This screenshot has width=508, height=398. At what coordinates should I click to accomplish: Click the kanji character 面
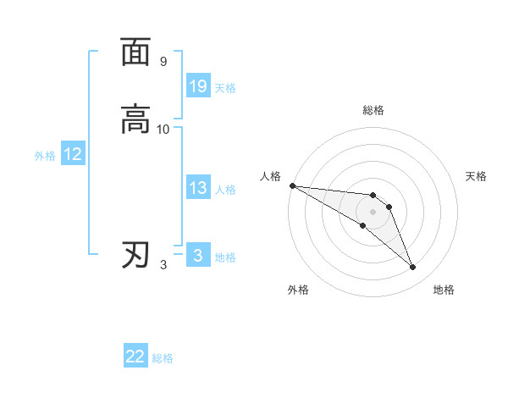pyautogui.click(x=135, y=52)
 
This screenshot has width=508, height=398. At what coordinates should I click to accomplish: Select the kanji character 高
pyautogui.click(x=135, y=119)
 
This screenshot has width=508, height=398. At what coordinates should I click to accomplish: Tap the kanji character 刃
pyautogui.click(x=135, y=255)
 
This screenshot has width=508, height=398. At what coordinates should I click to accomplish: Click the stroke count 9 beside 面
pyautogui.click(x=163, y=62)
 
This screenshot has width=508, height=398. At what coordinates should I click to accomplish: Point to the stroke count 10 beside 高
pyautogui.click(x=163, y=130)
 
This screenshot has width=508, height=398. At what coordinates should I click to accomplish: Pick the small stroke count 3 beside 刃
pyautogui.click(x=163, y=265)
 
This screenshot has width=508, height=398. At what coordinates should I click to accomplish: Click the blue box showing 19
pyautogui.click(x=198, y=86)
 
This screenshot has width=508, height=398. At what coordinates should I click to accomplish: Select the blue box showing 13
pyautogui.click(x=198, y=188)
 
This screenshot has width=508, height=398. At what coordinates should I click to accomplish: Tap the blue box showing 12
pyautogui.click(x=73, y=154)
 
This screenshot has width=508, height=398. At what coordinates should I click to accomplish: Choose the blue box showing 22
pyautogui.click(x=135, y=357)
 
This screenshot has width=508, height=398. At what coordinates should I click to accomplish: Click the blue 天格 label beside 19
pyautogui.click(x=225, y=88)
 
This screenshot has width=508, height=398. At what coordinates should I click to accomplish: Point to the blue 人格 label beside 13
pyautogui.click(x=225, y=190)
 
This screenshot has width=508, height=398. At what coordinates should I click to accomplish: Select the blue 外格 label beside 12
pyautogui.click(x=45, y=156)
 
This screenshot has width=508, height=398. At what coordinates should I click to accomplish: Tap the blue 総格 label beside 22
pyautogui.click(x=163, y=358)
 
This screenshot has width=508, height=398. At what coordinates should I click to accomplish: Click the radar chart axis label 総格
pyautogui.click(x=373, y=110)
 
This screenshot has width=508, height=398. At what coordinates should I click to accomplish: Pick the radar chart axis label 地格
pyautogui.click(x=444, y=290)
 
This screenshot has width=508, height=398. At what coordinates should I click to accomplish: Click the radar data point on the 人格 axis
pyautogui.click(x=292, y=185)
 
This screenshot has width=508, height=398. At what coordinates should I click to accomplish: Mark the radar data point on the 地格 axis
pyautogui.click(x=413, y=268)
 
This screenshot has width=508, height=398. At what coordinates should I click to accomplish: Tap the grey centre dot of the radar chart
pyautogui.click(x=373, y=212)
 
